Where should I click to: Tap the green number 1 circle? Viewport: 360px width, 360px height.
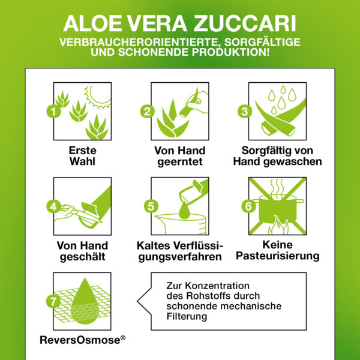click(x=53, y=111)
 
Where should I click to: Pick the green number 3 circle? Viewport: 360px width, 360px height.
click(x=244, y=111)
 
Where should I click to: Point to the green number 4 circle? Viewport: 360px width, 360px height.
click(x=53, y=206)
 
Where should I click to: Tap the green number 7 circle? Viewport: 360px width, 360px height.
click(x=53, y=302)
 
